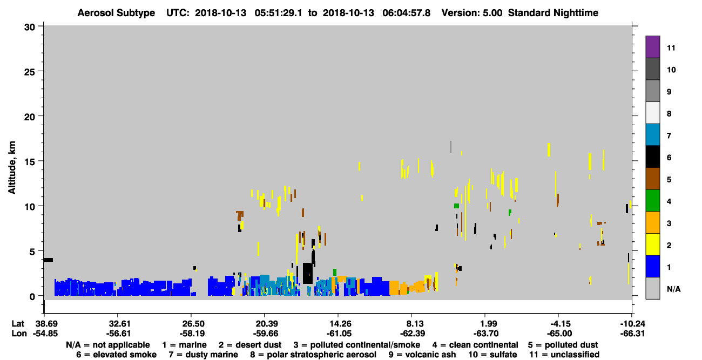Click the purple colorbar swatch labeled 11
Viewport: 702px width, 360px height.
point(652,46)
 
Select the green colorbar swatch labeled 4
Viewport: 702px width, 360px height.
point(652,201)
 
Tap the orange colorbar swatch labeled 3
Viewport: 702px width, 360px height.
point(652,222)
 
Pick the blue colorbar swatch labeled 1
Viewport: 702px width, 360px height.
point(652,266)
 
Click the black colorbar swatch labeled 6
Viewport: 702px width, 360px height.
point(652,157)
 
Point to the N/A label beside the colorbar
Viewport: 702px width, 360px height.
point(673,289)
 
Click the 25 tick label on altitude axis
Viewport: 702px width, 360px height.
point(30,72)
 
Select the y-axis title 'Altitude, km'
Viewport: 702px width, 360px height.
point(11,168)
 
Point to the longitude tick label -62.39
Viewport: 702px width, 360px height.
point(413,334)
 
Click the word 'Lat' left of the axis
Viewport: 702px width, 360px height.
point(18,324)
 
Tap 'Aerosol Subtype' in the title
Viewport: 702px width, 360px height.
point(116,13)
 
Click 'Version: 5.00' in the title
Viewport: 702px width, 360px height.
point(472,13)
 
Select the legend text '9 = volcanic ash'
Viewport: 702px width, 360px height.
point(422,355)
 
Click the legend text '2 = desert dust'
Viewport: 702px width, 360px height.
point(250,345)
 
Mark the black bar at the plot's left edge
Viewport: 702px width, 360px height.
point(48,260)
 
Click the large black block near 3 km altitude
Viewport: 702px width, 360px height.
point(308,274)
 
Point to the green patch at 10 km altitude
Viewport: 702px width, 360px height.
point(456,206)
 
